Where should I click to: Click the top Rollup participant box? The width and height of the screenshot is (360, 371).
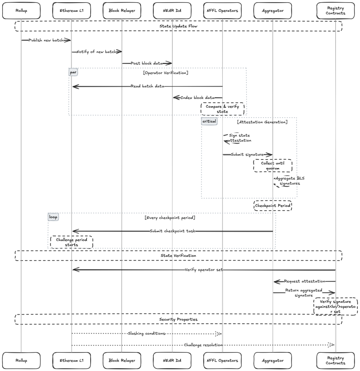pos(21,11)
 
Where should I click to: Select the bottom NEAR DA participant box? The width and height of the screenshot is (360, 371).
pos(172,360)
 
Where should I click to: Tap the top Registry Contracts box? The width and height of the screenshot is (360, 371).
pos(336,11)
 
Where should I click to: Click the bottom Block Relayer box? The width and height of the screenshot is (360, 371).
pos(122,360)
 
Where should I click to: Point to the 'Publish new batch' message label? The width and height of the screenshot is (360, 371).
pos(46,40)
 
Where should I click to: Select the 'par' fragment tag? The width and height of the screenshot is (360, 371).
pos(73,72)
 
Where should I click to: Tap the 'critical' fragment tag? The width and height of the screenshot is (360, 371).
pos(209,121)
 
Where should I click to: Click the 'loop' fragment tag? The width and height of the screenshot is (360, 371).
pos(53,217)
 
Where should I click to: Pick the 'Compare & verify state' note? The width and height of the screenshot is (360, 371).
pos(222,109)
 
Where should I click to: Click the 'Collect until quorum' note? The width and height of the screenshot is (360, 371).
pos(272,166)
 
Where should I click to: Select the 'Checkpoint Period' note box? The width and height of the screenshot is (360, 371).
pos(272,206)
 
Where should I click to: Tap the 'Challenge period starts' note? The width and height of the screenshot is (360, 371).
pos(71,242)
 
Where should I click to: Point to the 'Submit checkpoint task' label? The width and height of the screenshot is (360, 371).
pos(172,231)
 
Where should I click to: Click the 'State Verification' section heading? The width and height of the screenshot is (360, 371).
pos(178,255)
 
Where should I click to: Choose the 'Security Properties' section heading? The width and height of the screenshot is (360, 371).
pos(178,319)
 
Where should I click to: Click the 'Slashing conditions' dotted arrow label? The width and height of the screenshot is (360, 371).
pos(147,333)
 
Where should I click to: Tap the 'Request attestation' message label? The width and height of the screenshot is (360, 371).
pos(305,281)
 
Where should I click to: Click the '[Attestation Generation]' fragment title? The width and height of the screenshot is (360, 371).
pos(262,122)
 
